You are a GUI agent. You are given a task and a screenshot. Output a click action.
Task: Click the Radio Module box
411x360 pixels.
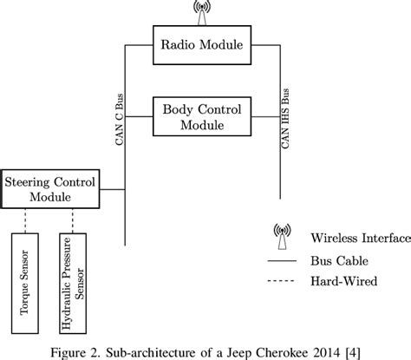(198, 44)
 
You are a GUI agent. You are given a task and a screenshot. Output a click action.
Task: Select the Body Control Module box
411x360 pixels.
(198, 115)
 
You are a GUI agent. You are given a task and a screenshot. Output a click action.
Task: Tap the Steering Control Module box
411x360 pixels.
(49, 189)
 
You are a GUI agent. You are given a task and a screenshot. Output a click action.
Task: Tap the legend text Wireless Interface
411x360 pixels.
(356, 235)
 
